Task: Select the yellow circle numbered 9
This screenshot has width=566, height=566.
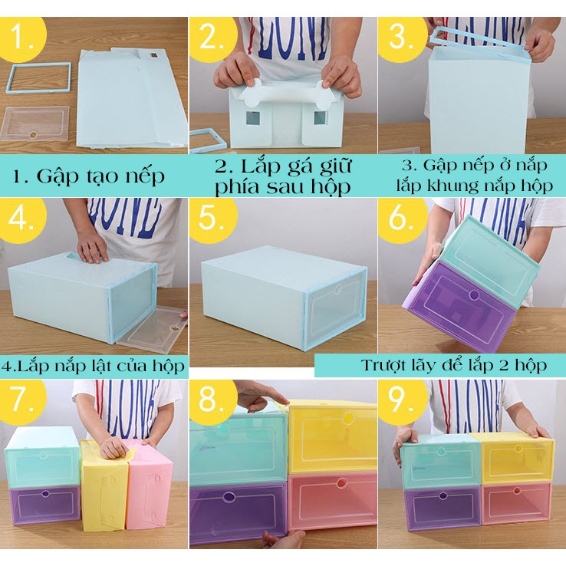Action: coord(403,401)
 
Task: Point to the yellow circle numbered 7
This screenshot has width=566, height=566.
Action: coord(23,401)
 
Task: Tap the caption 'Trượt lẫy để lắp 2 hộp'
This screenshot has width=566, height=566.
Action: coord(454,365)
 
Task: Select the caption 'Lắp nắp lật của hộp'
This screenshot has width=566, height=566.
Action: coord(101,366)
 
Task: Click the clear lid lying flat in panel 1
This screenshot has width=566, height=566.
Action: coord(35,123)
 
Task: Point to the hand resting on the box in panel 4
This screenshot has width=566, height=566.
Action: coord(92,247)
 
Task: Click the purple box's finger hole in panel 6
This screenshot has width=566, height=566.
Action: coord(474,295)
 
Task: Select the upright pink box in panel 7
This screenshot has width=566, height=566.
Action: coord(150,485)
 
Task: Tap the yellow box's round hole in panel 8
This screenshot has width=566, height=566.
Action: coord(348,419)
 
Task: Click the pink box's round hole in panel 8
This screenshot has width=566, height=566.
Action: coord(341,483)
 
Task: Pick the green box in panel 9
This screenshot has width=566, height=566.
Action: coord(440,462)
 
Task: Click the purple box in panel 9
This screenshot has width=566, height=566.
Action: coord(443,508)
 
